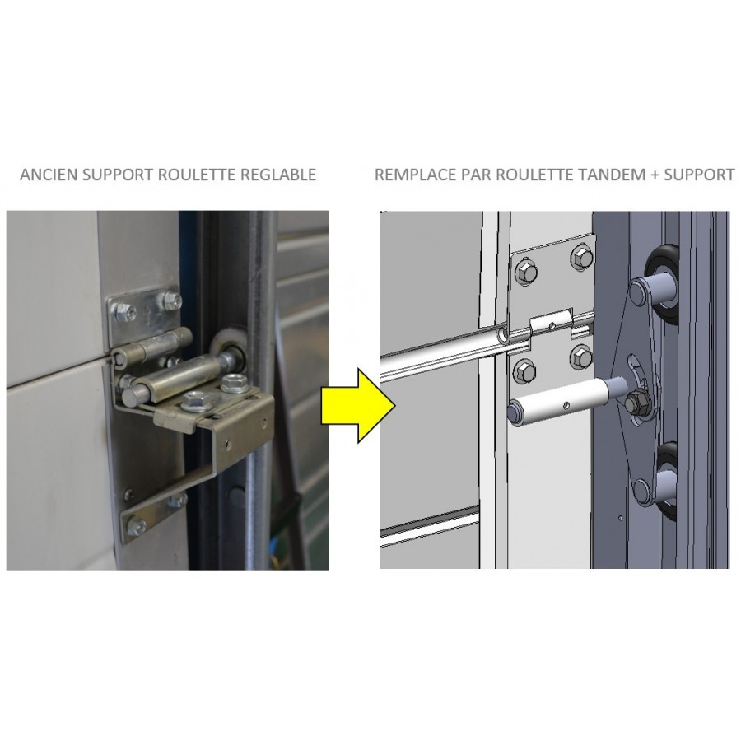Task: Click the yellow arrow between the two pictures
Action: pyautogui.click(x=358, y=405)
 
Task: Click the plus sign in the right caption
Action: pyautogui.click(x=655, y=175)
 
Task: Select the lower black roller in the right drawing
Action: pyautogui.click(x=665, y=481)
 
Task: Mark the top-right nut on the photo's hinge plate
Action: pyautogui.click(x=168, y=300)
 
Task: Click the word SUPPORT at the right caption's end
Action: pyautogui.click(x=699, y=175)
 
